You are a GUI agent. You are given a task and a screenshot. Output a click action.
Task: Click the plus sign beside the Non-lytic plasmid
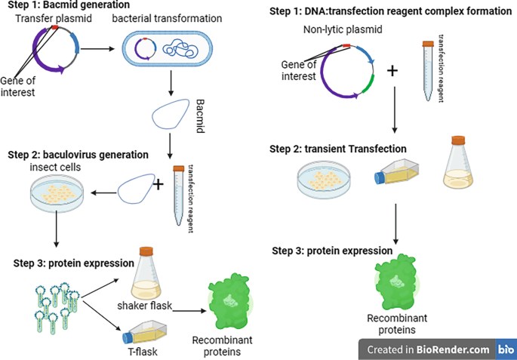(392, 72)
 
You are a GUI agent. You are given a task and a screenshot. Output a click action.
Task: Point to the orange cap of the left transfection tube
(179, 169)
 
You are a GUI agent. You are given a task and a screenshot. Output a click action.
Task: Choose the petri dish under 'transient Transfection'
(325, 178)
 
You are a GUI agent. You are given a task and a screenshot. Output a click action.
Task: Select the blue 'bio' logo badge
(506, 349)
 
